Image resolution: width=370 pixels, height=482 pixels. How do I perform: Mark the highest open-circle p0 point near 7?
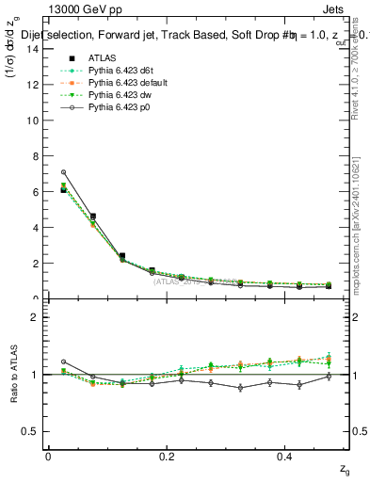[x=63, y=172]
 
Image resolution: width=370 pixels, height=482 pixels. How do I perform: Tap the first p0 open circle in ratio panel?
[x=63, y=361]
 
